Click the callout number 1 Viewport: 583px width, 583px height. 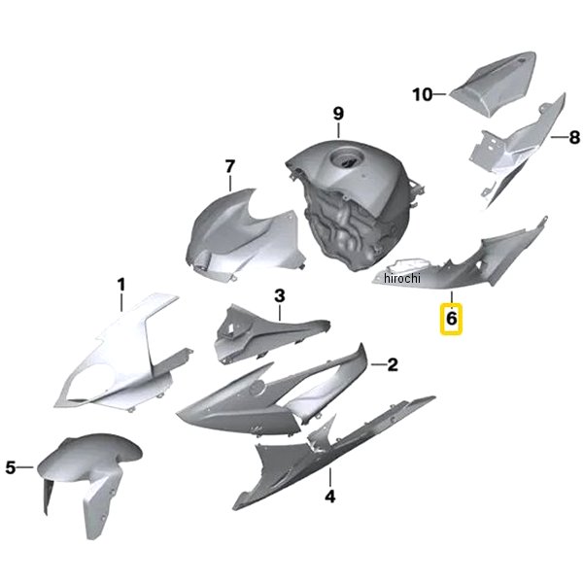(x=121, y=285)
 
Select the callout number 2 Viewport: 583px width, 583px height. (x=393, y=364)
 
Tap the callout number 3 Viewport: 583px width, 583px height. (x=280, y=295)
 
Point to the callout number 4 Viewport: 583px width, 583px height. (x=330, y=496)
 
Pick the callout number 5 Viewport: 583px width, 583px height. (x=11, y=467)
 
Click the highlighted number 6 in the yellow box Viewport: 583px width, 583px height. (x=451, y=319)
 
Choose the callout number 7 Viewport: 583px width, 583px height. (x=230, y=166)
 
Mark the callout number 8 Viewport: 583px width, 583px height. (x=574, y=137)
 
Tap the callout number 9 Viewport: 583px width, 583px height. (x=338, y=114)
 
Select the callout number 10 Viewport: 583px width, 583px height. (x=423, y=94)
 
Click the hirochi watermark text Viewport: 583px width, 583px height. (x=402, y=278)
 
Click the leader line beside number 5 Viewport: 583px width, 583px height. (x=25, y=467)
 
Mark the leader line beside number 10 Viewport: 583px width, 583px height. (x=440, y=94)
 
